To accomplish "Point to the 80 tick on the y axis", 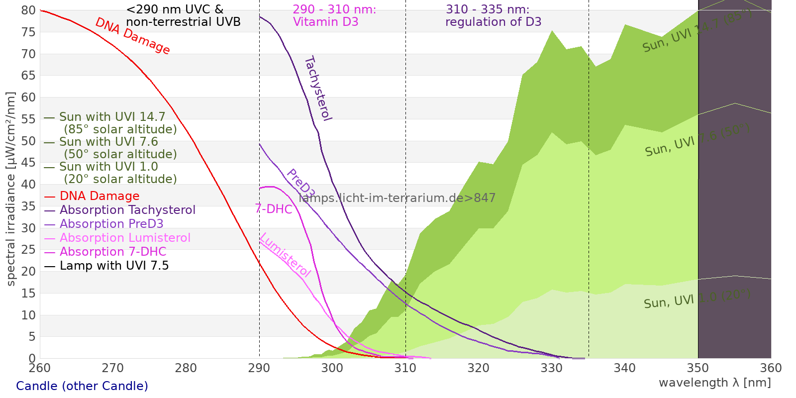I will pos(29,10).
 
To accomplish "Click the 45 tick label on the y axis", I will pos(29,163).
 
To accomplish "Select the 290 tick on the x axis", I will pos(259,368).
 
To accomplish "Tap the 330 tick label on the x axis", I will pos(552,368).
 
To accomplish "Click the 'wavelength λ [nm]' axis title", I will pos(714,383).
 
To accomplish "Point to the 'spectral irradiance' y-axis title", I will pos(11,189).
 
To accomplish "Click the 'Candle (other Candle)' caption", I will pos(82,386).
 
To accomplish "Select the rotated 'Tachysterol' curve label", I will pos(317,89).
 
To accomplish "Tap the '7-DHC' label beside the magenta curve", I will pos(274,209).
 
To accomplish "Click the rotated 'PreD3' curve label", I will pos(300,184).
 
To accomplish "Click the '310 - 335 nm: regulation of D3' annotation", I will pos(493,16).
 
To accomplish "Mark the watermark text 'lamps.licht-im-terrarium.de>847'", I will pos(397,198).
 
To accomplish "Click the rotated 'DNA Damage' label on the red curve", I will pos(132,36).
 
